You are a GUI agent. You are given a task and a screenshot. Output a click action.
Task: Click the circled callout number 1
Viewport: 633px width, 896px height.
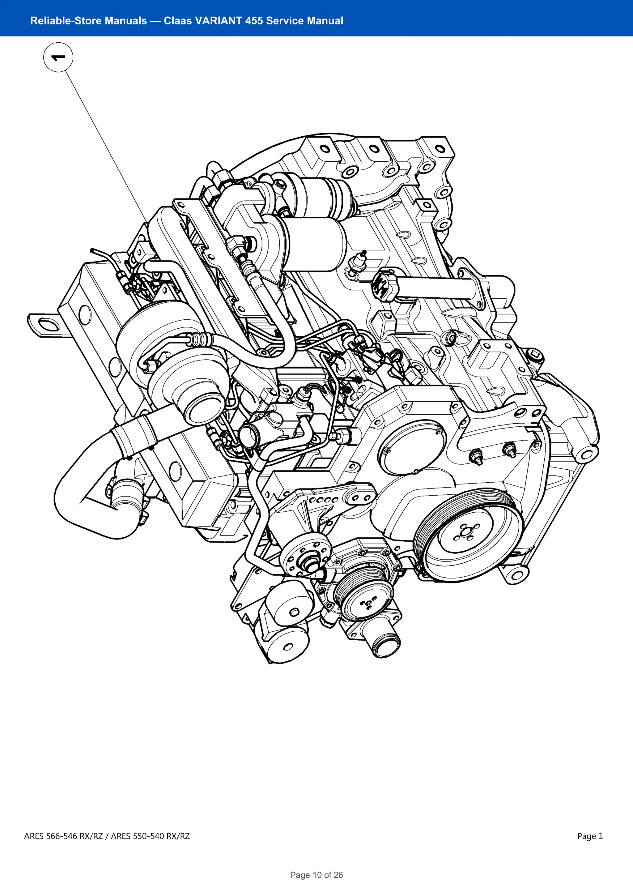pos(58,58)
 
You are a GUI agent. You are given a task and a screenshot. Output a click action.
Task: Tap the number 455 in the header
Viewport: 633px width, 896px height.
pos(254,21)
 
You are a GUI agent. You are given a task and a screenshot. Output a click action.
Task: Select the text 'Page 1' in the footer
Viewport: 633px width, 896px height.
pos(590,836)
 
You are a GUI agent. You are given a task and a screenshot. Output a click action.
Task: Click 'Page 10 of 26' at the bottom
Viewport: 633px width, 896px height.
pos(316,875)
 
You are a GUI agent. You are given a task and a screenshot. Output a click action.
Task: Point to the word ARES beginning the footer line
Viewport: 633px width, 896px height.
pos(34,836)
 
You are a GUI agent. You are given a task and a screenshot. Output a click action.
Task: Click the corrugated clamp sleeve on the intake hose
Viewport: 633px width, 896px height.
pos(134,436)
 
